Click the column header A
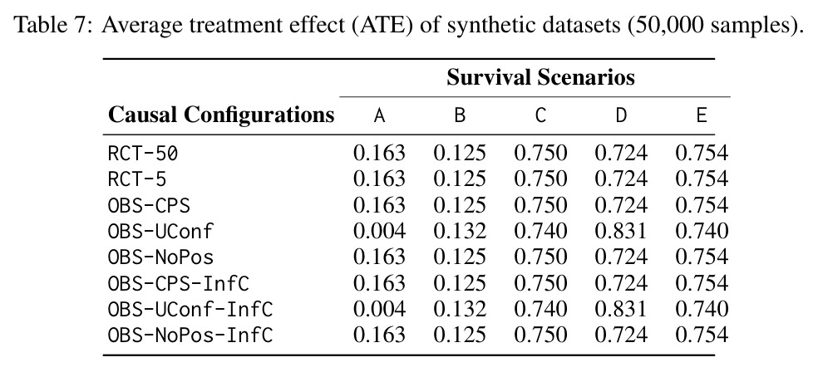[379, 115]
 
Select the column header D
[621, 115]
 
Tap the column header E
[702, 115]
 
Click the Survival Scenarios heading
[540, 77]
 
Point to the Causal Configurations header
[221, 115]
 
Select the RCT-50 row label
[143, 153]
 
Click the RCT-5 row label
[137, 179]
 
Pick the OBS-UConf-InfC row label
[190, 309]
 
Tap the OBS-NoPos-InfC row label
[190, 335]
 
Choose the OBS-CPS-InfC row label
[179, 283]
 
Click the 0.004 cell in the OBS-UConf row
[379, 231]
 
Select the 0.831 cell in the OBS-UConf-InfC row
[621, 309]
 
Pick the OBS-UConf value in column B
[460, 231]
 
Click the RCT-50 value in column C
[540, 153]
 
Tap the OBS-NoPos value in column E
[702, 257]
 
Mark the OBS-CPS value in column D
[621, 205]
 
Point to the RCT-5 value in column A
[379, 179]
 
